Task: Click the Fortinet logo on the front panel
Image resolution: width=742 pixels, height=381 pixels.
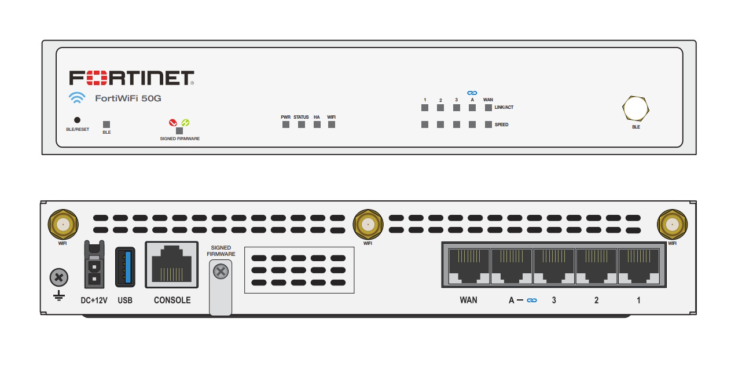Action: pos(131,78)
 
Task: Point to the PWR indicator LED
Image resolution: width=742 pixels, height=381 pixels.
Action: pos(285,124)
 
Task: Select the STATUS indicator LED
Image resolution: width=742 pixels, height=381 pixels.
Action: pos(301,124)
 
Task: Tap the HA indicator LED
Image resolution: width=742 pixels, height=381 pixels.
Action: pos(317,124)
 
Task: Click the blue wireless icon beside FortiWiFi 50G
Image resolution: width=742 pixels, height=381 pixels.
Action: pos(77,98)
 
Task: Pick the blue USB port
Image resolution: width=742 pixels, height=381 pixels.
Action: pos(125,266)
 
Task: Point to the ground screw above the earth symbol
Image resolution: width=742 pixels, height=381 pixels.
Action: pos(58,277)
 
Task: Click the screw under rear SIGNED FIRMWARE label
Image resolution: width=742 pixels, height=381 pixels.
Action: pos(220,271)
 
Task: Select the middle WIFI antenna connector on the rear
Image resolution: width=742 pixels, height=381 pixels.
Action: pos(367,225)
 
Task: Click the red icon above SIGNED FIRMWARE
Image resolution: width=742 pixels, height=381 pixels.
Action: pos(172,123)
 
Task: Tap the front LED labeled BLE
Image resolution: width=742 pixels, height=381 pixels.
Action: pos(106,124)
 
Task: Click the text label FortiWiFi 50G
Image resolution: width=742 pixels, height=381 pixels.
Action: pos(128,98)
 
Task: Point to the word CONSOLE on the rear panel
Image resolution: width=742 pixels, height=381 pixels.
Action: pos(172,301)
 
